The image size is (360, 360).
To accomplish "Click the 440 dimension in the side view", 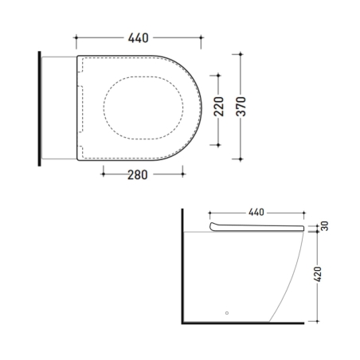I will tap(256, 213).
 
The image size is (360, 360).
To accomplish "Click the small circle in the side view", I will tap(228, 313).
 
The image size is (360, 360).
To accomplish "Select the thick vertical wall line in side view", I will tap(183, 267).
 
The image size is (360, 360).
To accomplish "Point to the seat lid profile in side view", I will tap(259, 229).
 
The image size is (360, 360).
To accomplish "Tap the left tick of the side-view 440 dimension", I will tap(209, 213).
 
